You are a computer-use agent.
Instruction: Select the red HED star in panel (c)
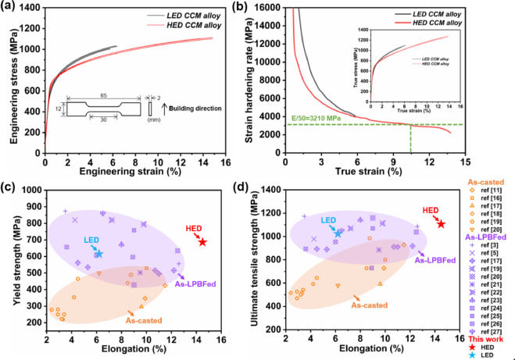[203, 242]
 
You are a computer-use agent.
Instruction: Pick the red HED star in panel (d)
[442, 224]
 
